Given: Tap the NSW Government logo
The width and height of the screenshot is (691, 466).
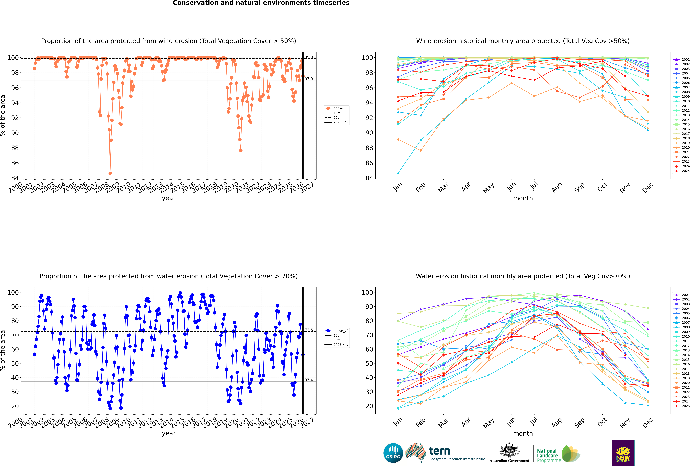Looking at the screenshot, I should point(623,453).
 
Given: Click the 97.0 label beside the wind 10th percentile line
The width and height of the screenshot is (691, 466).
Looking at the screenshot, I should point(309,79).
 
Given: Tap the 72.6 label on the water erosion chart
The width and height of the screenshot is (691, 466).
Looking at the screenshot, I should point(309,330).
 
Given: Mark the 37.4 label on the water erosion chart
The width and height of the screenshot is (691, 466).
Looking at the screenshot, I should point(309,380).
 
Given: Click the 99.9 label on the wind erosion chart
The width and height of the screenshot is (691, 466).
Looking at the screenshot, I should point(309,57).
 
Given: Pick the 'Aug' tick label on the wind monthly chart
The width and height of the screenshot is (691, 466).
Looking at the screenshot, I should point(557,187).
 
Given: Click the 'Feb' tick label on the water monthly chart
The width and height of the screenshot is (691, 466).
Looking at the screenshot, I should point(420,423).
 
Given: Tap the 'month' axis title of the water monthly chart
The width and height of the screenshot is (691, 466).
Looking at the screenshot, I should point(523,433).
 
